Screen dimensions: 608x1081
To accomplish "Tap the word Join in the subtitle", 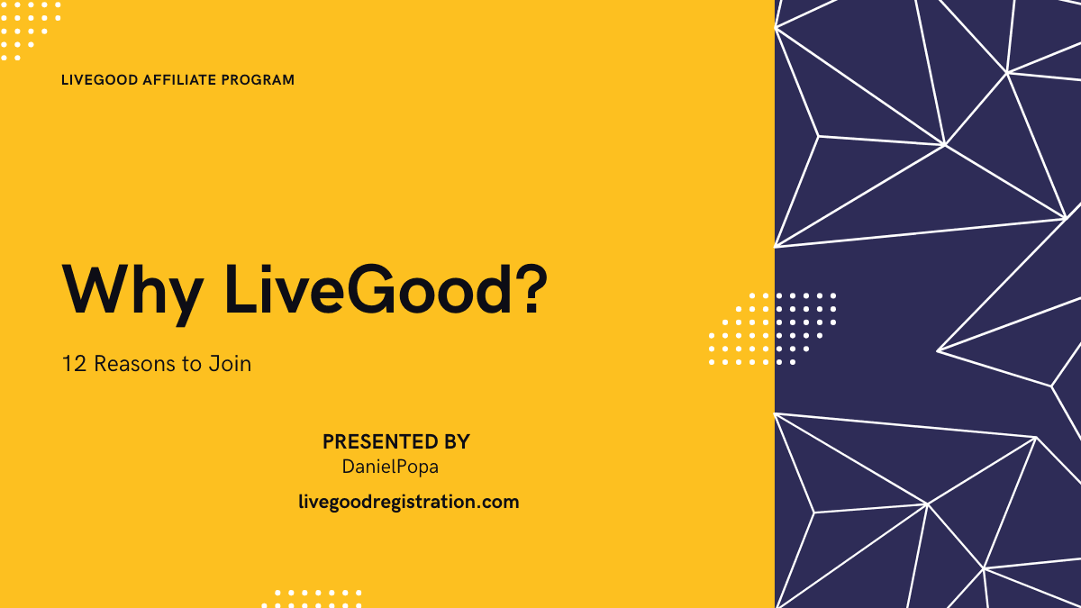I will tap(230, 365).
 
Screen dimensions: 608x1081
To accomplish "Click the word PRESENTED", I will tap(375, 442).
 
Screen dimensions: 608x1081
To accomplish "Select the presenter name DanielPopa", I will tap(390, 467).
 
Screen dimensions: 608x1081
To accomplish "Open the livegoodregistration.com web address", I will tap(408, 502).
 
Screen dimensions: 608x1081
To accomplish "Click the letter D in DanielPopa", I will tap(349, 467).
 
